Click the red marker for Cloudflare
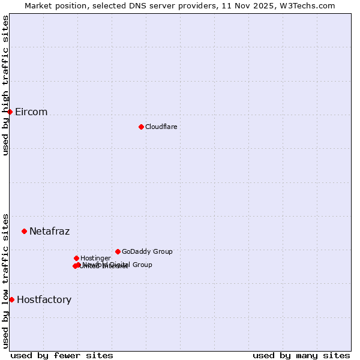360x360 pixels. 141,127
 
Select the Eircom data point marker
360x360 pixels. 10,112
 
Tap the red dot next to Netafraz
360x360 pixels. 24,231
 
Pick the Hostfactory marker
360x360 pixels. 11,299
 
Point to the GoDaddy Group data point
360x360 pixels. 118,251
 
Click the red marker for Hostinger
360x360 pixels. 76,258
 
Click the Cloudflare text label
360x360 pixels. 161,127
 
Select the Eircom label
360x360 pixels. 31,112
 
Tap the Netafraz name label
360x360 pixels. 49,232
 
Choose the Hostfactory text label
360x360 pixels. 44,300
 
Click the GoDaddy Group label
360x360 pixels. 147,252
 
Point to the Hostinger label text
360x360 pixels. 95,259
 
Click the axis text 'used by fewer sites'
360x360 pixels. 62,356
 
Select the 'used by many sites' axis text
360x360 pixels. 301,356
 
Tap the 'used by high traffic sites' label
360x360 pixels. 6,85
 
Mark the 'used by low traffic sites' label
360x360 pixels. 6,280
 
